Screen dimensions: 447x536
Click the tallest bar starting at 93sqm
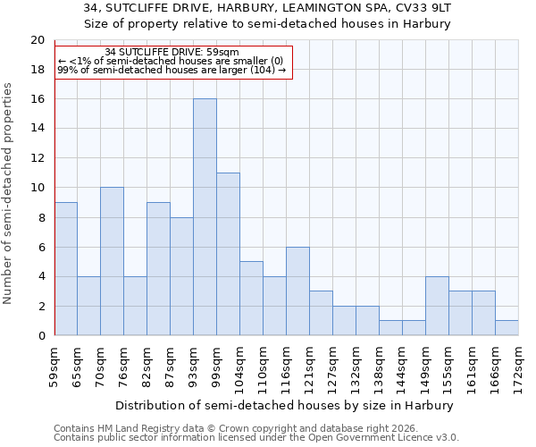(x=205, y=217)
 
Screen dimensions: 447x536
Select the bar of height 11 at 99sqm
(x=228, y=254)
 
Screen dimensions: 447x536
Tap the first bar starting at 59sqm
(x=65, y=269)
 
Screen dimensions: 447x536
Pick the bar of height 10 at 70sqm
(x=112, y=261)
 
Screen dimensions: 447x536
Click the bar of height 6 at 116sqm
(x=297, y=291)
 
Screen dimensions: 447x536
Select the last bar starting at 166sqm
(x=507, y=328)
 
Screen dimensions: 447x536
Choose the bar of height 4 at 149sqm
(x=437, y=306)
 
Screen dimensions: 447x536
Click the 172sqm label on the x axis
(x=519, y=367)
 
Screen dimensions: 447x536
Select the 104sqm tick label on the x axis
(x=240, y=367)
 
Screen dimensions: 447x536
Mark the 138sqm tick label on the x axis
(x=380, y=367)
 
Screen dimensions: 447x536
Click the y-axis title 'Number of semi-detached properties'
(x=8, y=193)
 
